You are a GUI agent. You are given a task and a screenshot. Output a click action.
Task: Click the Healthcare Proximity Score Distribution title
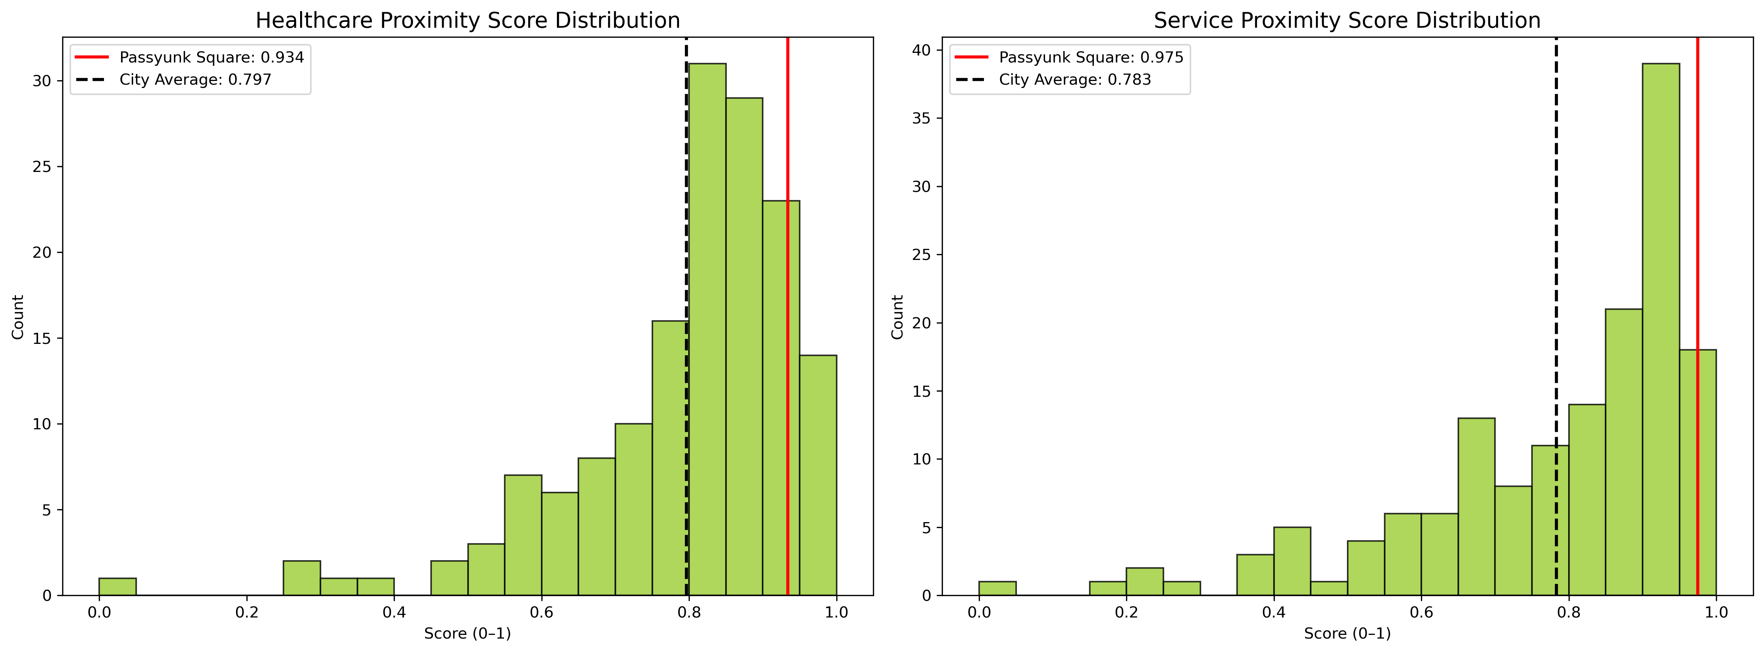pos(468,21)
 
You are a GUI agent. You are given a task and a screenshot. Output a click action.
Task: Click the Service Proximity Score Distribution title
pos(1347,21)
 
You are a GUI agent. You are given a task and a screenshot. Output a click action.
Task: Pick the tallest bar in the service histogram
pos(1661,329)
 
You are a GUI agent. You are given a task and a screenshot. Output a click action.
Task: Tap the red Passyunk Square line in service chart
pos(1697,205)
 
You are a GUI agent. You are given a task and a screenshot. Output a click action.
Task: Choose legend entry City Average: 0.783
pos(1075,79)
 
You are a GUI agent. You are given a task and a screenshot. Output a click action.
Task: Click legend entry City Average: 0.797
pos(195,79)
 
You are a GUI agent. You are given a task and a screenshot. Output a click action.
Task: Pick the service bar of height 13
pos(1476,507)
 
